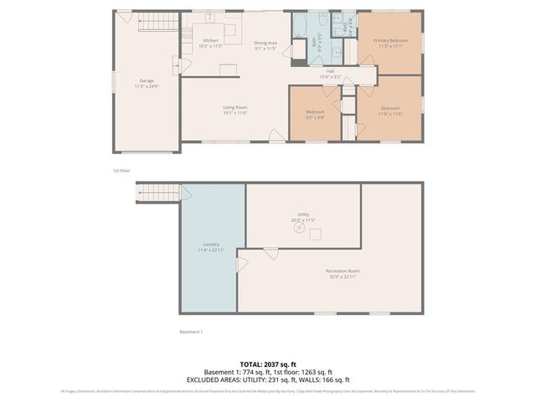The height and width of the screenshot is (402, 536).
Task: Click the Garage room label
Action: (147, 83)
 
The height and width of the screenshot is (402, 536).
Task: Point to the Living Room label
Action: (234, 110)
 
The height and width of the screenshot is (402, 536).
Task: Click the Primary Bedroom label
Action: (391, 43)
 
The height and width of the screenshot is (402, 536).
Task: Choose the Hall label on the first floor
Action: (330, 74)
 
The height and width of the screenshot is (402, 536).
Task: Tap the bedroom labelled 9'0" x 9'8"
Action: (315, 115)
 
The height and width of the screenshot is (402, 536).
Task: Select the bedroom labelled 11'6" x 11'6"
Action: (391, 111)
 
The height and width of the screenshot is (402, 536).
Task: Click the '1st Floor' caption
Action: (121, 171)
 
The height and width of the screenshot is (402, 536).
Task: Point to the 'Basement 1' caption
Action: (191, 332)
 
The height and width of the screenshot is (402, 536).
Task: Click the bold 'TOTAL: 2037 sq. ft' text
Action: (268, 364)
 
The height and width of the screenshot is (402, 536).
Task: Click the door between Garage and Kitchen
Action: (177, 66)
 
